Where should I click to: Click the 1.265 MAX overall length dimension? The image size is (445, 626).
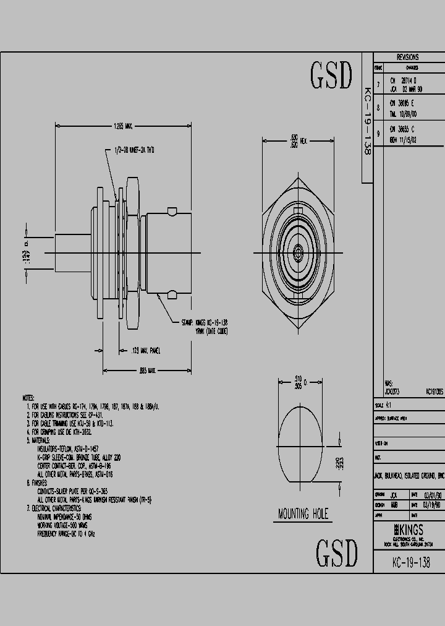[123, 126]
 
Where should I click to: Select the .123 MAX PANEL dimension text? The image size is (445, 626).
[146, 351]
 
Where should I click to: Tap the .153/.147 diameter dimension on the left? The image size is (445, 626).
[27, 253]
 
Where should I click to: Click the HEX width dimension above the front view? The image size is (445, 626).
[296, 142]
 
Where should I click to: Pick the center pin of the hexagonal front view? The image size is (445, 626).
[297, 252]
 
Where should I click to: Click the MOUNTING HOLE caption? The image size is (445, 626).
[303, 514]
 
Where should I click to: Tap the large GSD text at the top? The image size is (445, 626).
[331, 76]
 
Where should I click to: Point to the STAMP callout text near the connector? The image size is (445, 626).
[204, 327]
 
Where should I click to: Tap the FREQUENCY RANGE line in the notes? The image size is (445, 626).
[67, 533]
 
